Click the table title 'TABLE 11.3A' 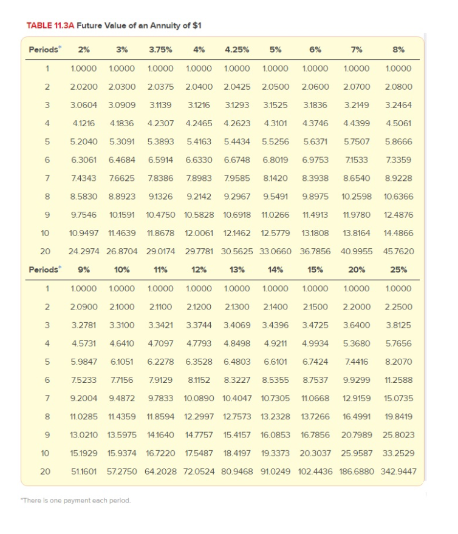(x=50, y=25)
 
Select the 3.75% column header (x=161, y=49)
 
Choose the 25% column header (x=399, y=269)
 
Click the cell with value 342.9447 (x=399, y=471)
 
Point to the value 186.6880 (x=357, y=471)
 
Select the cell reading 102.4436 (x=315, y=471)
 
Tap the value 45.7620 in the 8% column (x=399, y=251)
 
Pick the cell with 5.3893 (x=161, y=142)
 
